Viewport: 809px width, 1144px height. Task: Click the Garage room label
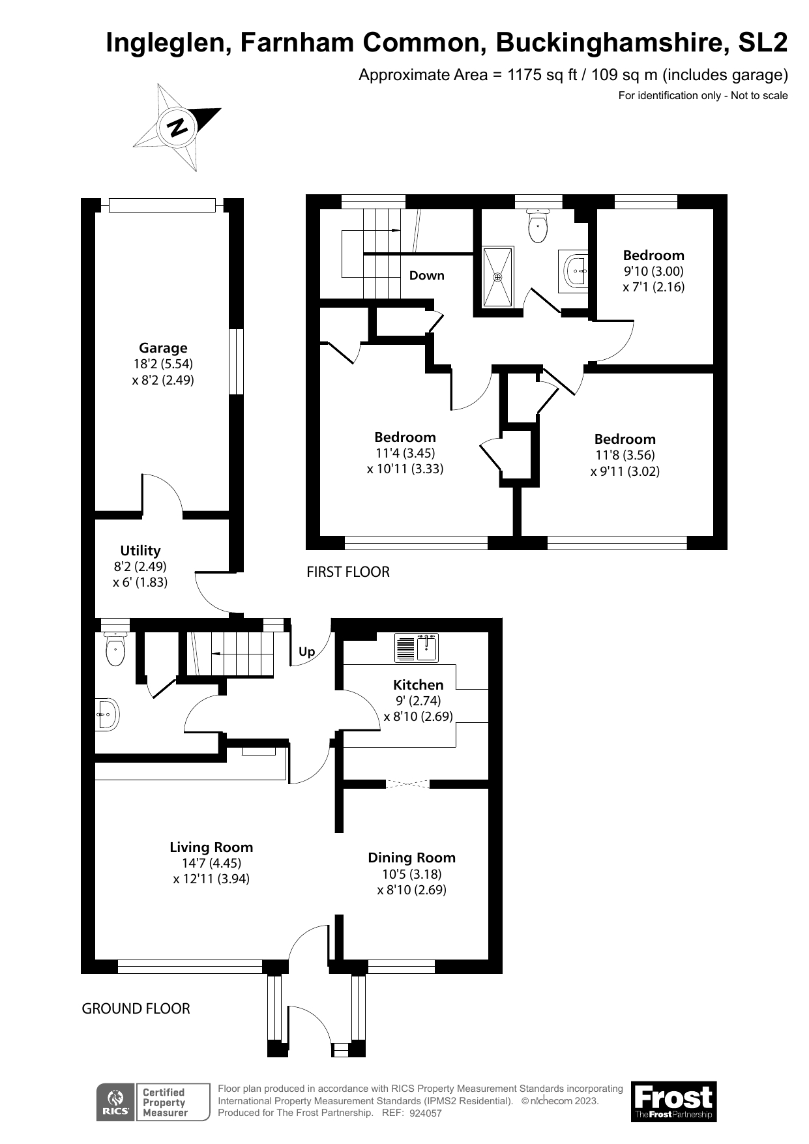pyautogui.click(x=162, y=348)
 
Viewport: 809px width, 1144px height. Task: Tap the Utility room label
pyautogui.click(x=140, y=551)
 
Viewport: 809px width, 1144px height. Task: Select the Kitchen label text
pyautogui.click(x=418, y=684)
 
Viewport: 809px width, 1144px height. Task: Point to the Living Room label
pyautogui.click(x=211, y=847)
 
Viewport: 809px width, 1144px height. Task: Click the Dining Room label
pyautogui.click(x=411, y=858)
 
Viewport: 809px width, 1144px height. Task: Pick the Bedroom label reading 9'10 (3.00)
pyautogui.click(x=653, y=256)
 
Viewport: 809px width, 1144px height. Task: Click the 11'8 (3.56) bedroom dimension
pyautogui.click(x=625, y=455)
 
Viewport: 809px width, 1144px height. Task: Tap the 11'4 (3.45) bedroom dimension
pyautogui.click(x=405, y=453)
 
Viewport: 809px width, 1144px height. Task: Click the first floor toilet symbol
pyautogui.click(x=537, y=227)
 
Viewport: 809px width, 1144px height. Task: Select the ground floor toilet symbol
pyautogui.click(x=115, y=650)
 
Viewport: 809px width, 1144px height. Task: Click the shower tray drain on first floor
pyautogui.click(x=498, y=277)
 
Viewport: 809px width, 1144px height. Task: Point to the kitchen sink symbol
pyautogui.click(x=428, y=648)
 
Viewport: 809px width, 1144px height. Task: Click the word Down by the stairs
pyautogui.click(x=426, y=276)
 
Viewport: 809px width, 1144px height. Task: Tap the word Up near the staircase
pyautogui.click(x=306, y=651)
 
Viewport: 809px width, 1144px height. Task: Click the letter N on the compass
pyautogui.click(x=177, y=127)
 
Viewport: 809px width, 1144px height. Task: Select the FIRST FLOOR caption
pyautogui.click(x=348, y=572)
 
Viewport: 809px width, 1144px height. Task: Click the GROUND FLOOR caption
pyautogui.click(x=136, y=1008)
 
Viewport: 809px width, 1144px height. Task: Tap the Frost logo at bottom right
pyautogui.click(x=673, y=1101)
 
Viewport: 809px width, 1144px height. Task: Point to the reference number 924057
pyautogui.click(x=426, y=1113)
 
